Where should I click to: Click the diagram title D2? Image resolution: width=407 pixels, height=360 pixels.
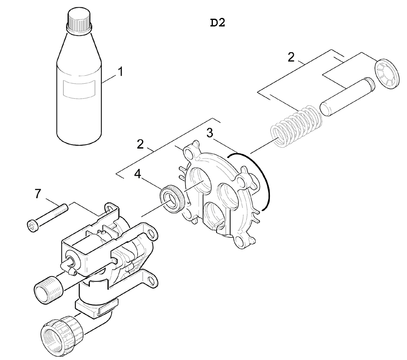point(217,22)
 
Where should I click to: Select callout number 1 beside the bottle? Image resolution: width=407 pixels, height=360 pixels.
point(120,72)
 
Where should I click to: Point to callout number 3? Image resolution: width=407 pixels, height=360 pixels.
point(210,133)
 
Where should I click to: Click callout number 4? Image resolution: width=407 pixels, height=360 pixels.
point(138,174)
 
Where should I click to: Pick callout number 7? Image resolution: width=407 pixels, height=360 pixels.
point(38,194)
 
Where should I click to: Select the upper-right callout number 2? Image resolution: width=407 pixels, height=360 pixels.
point(291,57)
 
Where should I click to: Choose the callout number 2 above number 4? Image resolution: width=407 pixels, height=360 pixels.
point(140,144)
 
